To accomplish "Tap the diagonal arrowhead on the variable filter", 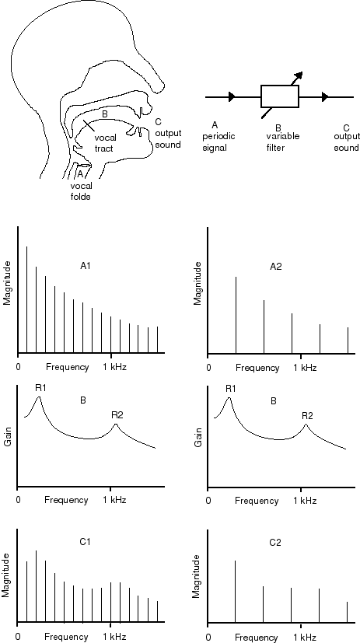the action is point(299,75).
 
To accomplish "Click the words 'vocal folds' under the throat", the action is point(81,191).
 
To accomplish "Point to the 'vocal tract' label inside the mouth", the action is point(103,143).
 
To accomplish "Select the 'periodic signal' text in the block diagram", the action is point(218,142).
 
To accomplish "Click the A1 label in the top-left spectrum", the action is point(86,266).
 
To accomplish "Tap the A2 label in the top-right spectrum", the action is point(276,267).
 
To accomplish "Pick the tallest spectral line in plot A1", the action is point(27,299).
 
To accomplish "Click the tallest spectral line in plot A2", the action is point(236,315).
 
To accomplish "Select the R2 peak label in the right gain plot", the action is point(308,415).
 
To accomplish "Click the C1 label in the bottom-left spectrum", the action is point(85,542).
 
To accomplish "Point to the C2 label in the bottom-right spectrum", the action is point(276,543).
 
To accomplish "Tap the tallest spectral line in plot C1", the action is point(36,586).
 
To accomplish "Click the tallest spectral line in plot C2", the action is point(236,592).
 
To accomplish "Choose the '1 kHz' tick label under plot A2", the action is point(305,368).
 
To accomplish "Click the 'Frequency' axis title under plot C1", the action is point(66,637).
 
